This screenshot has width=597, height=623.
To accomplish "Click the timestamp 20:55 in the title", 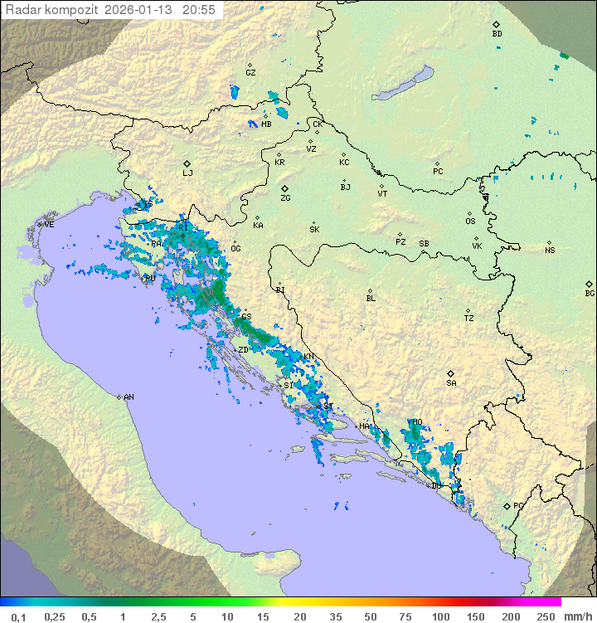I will tap(199, 10).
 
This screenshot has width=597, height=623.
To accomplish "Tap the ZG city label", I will tap(285, 198).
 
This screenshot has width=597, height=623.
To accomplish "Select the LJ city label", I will tap(187, 173).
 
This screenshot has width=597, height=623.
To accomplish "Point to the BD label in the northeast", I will tap(497, 34).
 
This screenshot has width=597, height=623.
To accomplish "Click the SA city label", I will tap(451, 383).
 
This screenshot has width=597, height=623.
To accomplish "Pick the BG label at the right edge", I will tap(590, 293).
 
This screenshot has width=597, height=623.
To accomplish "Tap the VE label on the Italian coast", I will tap(49, 225).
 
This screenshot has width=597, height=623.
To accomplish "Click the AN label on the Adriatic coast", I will tap(129, 397).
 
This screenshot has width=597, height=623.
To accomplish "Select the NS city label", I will tap(550, 251).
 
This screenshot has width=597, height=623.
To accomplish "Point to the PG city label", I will tap(518, 505).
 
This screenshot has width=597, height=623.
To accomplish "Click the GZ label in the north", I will tap(250, 72).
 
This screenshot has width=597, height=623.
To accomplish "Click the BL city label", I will tap(371, 299).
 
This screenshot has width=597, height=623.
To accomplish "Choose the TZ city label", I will tap(469, 319).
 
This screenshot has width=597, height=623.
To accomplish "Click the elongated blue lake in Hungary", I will tap(403, 83).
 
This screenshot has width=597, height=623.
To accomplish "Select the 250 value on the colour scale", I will tap(546, 616).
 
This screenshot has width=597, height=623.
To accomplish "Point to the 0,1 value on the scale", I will tap(18, 616).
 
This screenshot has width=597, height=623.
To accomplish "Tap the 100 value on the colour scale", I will tap(440, 616).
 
